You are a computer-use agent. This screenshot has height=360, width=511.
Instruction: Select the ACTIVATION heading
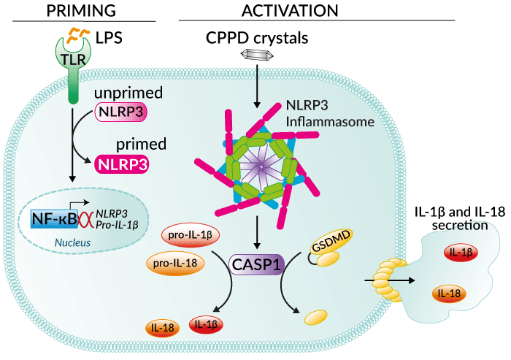(x=291, y=10)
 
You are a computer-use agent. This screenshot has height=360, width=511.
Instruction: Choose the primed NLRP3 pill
(x=122, y=164)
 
